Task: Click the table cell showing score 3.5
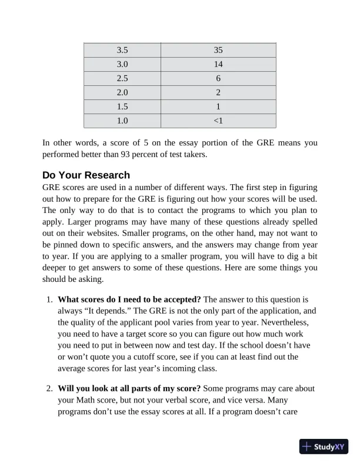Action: (x=122, y=50)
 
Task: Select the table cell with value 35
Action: (x=218, y=50)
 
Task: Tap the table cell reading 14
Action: (x=218, y=64)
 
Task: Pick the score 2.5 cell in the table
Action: (x=122, y=78)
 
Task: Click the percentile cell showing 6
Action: (x=218, y=78)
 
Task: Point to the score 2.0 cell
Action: (x=122, y=92)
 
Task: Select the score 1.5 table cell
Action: (x=122, y=106)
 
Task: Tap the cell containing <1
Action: (x=218, y=121)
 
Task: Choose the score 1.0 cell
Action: (x=122, y=121)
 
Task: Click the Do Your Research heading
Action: (x=86, y=175)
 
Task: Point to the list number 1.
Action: (x=50, y=299)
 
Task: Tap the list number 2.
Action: (x=50, y=388)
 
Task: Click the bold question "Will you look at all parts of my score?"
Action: (x=129, y=388)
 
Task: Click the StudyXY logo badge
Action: (x=324, y=447)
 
